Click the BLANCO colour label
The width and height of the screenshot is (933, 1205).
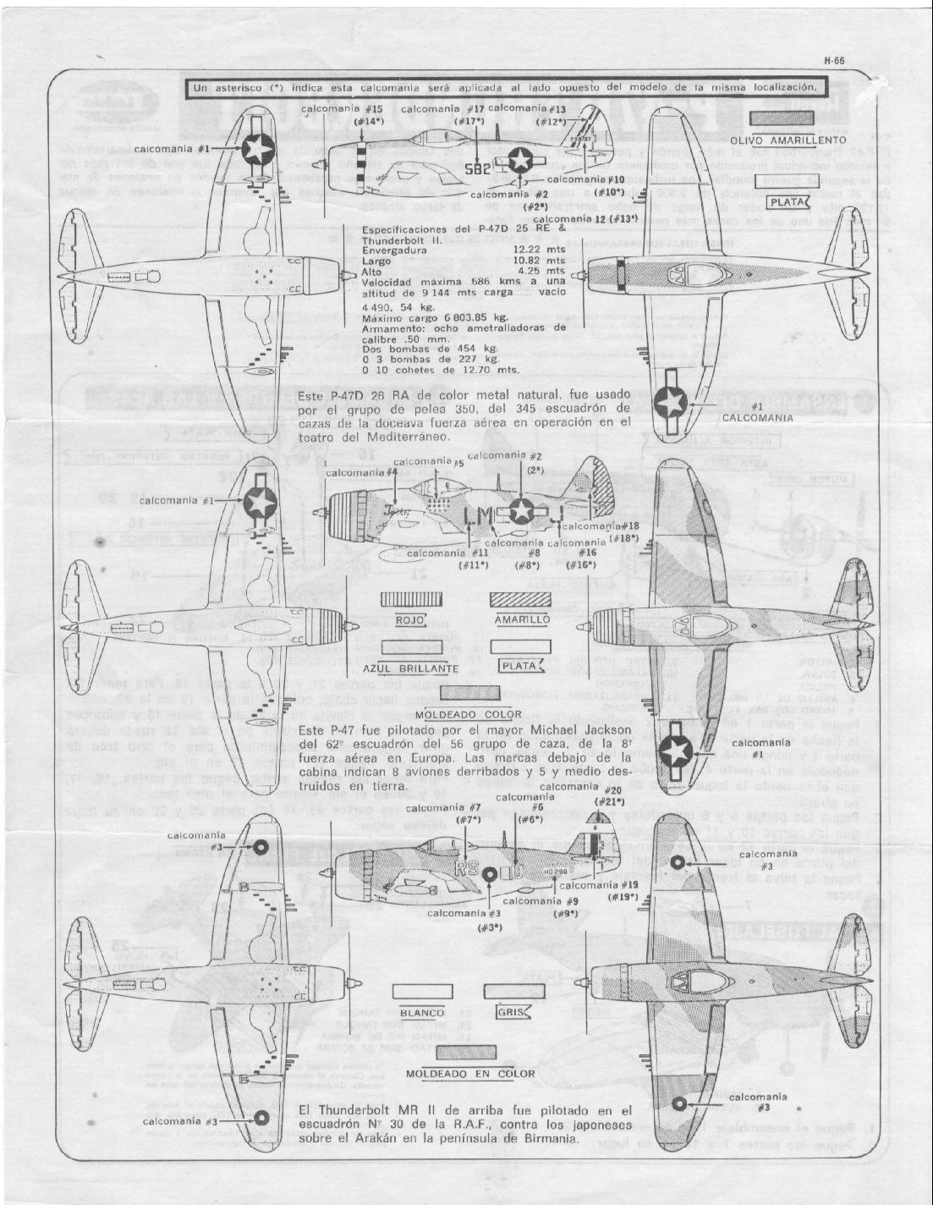tap(422, 1013)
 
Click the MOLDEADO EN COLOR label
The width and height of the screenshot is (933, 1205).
tap(470, 1074)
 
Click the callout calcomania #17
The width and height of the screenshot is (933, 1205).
tap(442, 109)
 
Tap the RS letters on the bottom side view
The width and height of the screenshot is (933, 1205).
tap(467, 868)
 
